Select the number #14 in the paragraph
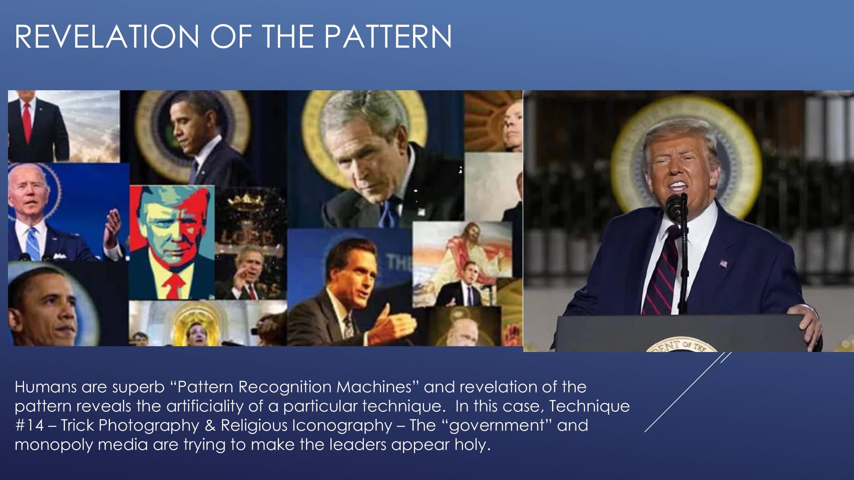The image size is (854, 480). click(x=29, y=425)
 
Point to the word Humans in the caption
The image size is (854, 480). click(x=46, y=387)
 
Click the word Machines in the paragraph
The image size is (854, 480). click(x=374, y=387)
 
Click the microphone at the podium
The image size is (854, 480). click(x=676, y=207)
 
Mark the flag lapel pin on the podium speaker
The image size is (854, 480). click(x=723, y=263)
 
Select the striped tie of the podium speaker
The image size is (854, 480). click(x=659, y=273)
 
